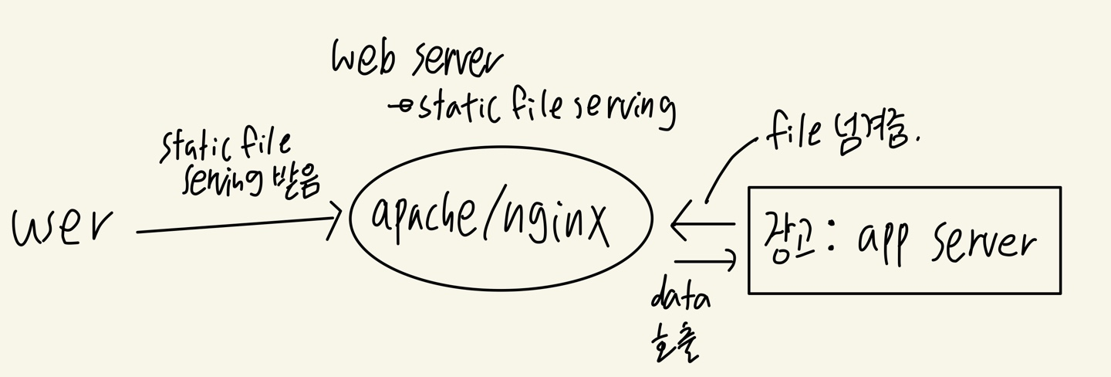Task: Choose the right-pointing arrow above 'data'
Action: coord(706,260)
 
